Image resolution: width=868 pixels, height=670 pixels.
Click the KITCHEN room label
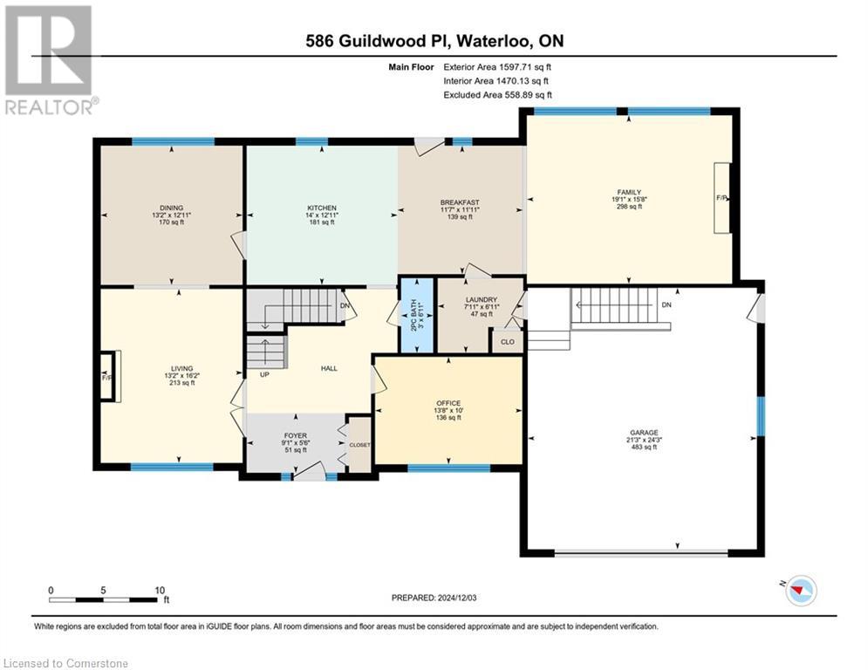(321, 208)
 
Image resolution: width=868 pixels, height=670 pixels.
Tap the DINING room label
(171, 208)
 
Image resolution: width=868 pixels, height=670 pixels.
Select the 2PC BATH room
(415, 315)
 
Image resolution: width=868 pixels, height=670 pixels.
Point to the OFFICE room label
(448, 403)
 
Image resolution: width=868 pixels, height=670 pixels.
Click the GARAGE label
(645, 432)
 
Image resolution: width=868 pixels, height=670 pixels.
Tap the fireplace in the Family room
(721, 198)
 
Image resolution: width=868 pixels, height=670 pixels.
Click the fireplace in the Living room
(106, 377)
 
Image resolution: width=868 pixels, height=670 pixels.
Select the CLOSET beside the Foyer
(359, 445)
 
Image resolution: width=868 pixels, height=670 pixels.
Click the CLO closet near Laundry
(507, 341)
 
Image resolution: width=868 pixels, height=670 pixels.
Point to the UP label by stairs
(263, 374)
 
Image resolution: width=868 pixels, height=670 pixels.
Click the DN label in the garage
(666, 304)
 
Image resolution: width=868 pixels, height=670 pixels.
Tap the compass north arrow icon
(799, 591)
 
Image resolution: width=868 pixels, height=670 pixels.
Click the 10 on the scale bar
(160, 590)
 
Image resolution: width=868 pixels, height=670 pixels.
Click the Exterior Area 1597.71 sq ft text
(497, 66)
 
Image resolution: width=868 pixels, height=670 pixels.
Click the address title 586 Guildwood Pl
(434, 41)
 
